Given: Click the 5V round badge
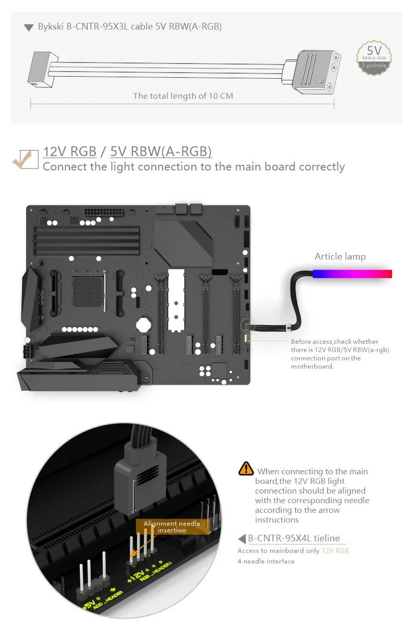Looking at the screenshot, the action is click(374, 57).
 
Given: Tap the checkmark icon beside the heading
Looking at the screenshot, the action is click(25, 159).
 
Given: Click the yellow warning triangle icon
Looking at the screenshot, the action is click(246, 468).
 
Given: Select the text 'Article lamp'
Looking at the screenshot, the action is click(340, 256).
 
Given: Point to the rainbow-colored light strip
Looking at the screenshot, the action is click(352, 273).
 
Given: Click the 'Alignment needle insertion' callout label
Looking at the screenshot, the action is click(172, 526).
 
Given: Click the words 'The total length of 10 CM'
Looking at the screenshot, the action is click(183, 95).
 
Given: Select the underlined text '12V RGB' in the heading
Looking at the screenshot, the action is click(70, 151).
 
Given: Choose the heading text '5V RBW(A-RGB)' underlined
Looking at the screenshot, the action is click(161, 151).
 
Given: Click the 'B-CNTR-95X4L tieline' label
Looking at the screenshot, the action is click(294, 538).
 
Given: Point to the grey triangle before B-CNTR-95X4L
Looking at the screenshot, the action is click(242, 538).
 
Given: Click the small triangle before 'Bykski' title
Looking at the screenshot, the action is click(29, 28).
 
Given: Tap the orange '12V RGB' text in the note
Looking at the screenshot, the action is click(335, 550).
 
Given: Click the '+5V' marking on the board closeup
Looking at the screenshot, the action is click(89, 607).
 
